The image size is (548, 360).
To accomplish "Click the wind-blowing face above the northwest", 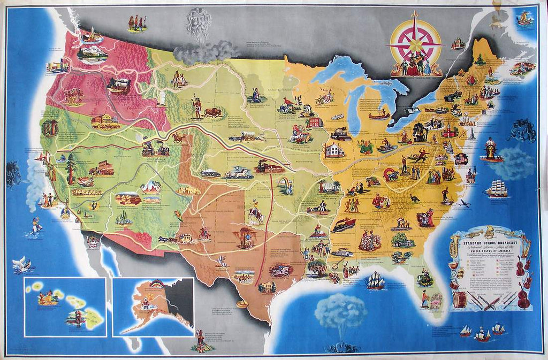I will coord(199,24).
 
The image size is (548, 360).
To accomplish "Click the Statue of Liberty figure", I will coord(473,132).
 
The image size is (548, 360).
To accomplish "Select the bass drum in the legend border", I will coord(459,300).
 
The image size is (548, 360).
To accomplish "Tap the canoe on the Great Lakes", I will coord(379,114).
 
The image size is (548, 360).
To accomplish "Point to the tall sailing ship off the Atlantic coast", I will coord(496,188).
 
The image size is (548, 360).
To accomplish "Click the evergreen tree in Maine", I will coord(480,59).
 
